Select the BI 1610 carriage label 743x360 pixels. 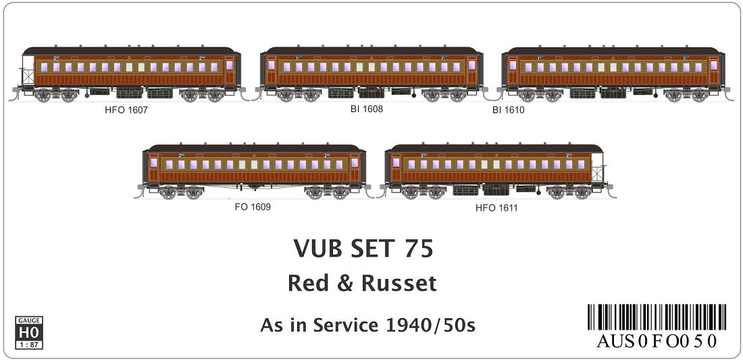pos(508,109)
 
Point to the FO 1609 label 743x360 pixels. pos(253,207)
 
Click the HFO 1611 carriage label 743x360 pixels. pos(496,208)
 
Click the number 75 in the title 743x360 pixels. pos(419,249)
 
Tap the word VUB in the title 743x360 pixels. pos(319,249)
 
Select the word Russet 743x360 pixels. pos(399,283)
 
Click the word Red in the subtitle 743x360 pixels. pos(307,283)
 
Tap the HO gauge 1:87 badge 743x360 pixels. pos(28,332)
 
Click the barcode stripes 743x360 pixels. pos(657,317)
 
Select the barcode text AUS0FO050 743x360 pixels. pos(657,341)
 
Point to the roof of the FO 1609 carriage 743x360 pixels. pos(253,148)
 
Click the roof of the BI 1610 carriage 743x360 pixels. pos(611,51)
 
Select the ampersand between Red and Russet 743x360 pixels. pos(345,284)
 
